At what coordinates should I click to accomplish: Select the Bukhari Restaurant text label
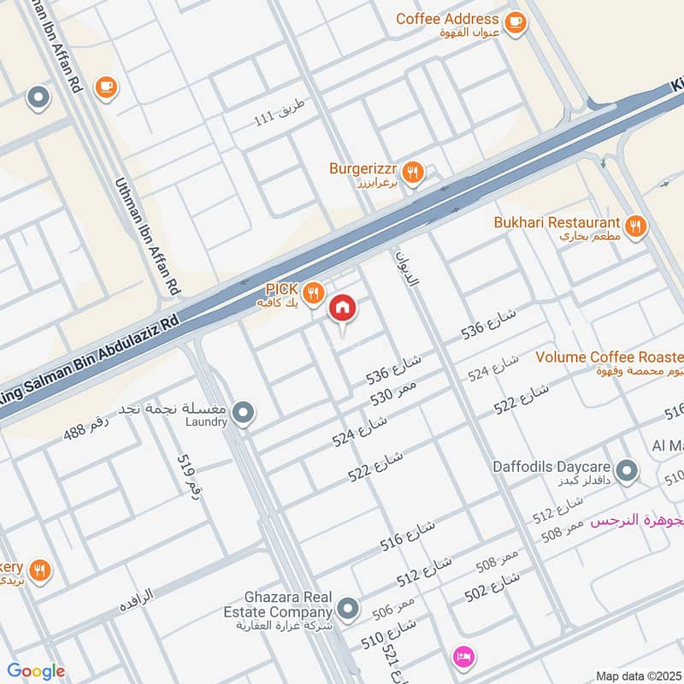(557, 222)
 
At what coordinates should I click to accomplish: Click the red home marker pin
(343, 308)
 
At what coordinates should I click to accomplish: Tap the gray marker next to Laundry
(244, 415)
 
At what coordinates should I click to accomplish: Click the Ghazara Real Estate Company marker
(347, 610)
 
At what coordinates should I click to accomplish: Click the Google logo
(36, 671)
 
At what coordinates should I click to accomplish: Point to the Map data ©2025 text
(638, 675)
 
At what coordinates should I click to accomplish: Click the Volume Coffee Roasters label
(609, 357)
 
